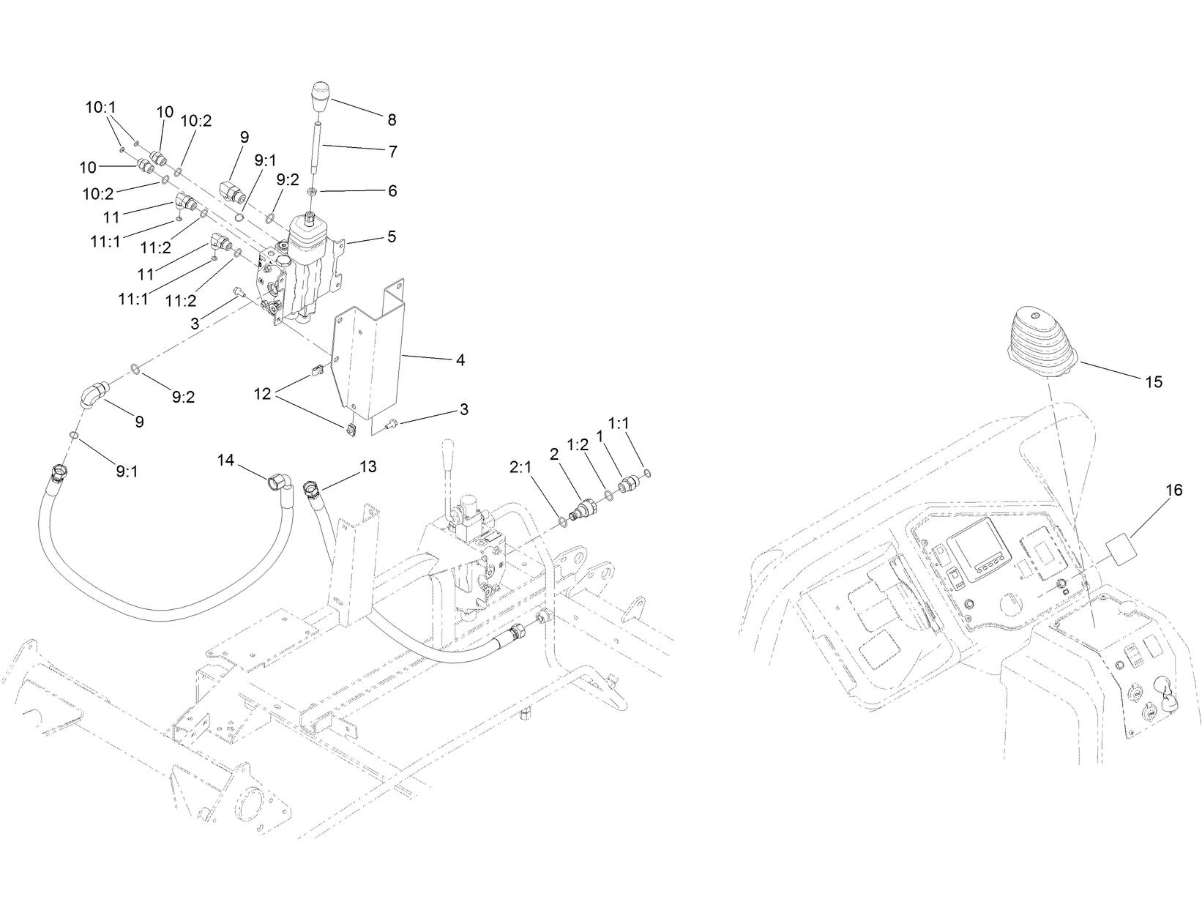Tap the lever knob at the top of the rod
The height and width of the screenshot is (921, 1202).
tap(321, 94)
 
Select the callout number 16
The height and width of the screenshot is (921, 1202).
tap(1173, 491)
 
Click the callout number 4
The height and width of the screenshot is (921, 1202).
tap(460, 360)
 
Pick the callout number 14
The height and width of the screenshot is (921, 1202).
tap(225, 460)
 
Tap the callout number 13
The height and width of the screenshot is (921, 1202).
tap(368, 466)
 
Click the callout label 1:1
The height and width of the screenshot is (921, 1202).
tap(619, 423)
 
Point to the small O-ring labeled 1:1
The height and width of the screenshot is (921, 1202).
tap(646, 474)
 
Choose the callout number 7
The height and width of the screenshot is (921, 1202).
tap(392, 152)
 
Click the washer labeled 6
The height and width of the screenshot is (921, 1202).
tap(312, 192)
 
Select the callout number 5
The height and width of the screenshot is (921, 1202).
tap(392, 236)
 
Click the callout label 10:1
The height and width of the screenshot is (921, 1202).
tap(100, 107)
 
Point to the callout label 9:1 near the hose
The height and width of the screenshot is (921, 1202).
tap(127, 471)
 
